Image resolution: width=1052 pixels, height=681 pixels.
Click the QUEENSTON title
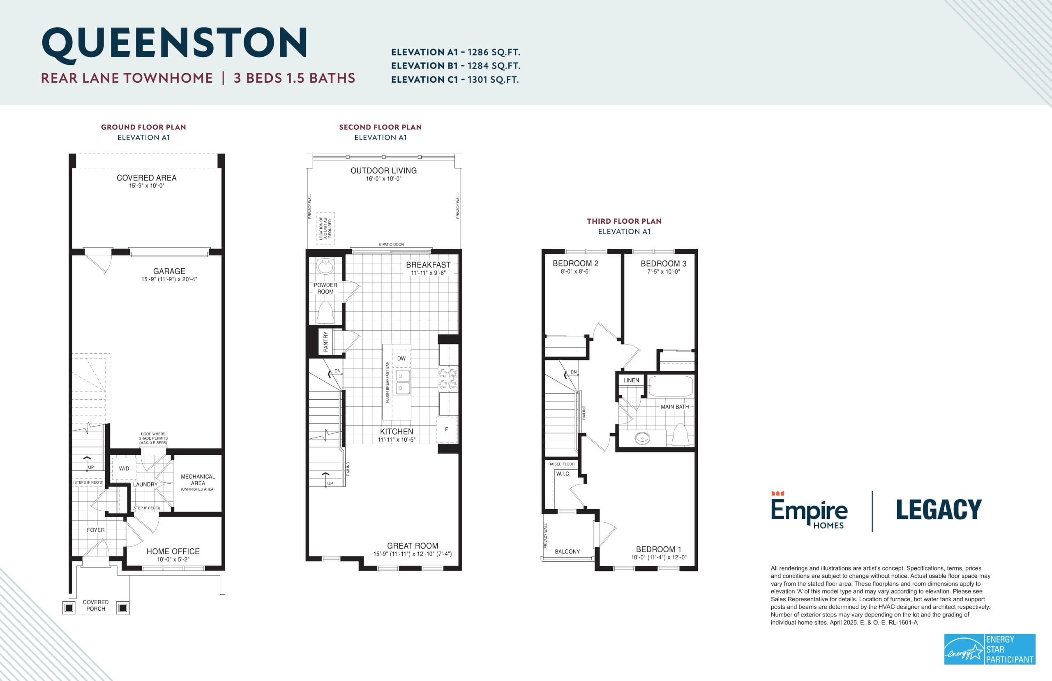tap(175, 43)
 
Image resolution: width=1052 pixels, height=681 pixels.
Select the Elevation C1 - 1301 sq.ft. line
tap(454, 80)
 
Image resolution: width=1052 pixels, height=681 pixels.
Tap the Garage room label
tap(169, 271)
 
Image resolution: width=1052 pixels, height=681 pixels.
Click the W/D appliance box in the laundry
tap(124, 469)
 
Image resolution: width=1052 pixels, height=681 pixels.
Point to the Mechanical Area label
tap(198, 480)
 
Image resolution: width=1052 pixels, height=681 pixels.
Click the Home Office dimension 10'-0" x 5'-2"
tap(173, 559)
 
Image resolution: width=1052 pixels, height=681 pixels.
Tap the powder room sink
tap(325, 267)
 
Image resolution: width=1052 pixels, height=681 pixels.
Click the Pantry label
tap(325, 341)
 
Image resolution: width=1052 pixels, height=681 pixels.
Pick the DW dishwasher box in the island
tap(401, 359)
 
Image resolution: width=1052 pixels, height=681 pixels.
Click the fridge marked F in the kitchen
tap(447, 429)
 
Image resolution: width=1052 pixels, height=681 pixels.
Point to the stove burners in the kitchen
tap(448, 379)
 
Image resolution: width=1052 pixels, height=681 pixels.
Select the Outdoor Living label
tap(383, 171)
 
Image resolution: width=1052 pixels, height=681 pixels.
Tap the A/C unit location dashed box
tap(325, 228)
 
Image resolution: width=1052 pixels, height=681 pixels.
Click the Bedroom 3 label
tap(663, 264)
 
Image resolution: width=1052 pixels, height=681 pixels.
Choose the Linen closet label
tap(631, 380)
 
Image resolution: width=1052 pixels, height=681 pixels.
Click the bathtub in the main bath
tap(670, 387)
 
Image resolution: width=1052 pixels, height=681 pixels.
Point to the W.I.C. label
tap(563, 474)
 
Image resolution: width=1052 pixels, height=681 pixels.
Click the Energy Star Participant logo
tap(990, 649)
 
